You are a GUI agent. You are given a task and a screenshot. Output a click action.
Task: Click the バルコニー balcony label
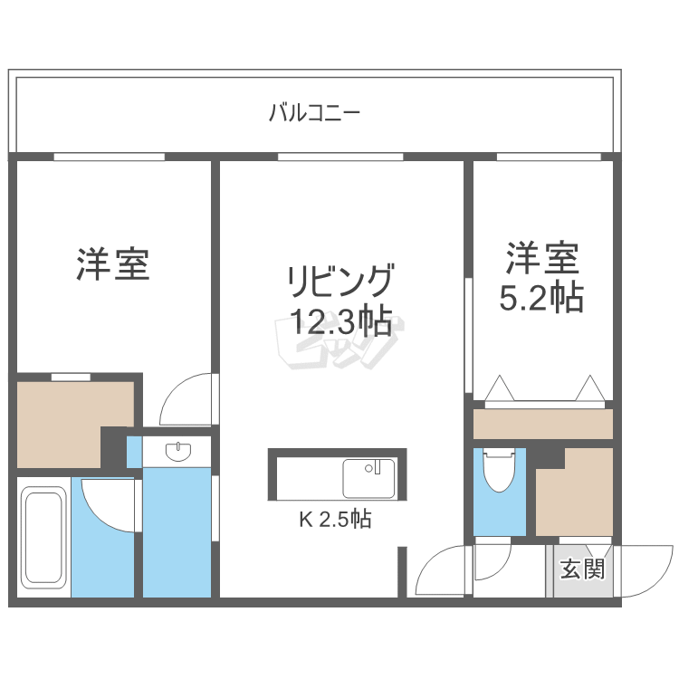coord(314,114)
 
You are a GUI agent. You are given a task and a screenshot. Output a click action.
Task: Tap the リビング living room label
coord(339,280)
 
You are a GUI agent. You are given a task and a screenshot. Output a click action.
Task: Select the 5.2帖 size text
coord(541,296)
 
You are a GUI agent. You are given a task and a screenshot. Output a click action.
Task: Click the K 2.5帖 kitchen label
coord(335,520)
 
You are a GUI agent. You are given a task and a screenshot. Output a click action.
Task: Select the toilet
coord(499,470)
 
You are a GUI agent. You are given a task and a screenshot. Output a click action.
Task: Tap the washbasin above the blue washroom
coord(177,450)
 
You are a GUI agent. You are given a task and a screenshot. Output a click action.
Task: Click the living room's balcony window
coord(340,157)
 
